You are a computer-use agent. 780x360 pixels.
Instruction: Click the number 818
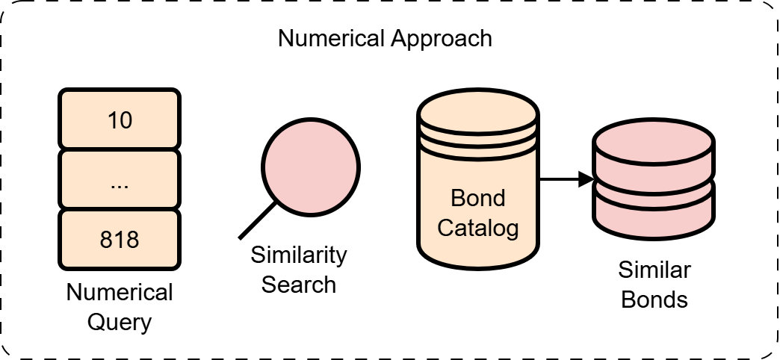point(120,240)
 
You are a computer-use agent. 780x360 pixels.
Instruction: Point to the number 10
point(120,120)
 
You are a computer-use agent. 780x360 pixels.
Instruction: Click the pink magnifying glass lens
point(311,164)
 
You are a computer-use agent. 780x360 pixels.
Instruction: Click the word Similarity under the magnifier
point(299,255)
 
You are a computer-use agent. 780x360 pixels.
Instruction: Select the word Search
point(299,285)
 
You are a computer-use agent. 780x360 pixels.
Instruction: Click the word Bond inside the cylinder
point(478,199)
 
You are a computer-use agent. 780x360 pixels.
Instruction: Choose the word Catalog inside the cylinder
point(478,227)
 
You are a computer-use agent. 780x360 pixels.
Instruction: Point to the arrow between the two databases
point(565,179)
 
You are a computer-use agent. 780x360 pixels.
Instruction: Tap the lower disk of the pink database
point(654,210)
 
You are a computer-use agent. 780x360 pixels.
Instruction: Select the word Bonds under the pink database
point(654,300)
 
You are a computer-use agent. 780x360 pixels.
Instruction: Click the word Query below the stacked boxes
point(120,323)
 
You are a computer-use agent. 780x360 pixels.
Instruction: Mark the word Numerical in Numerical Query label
point(120,293)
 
